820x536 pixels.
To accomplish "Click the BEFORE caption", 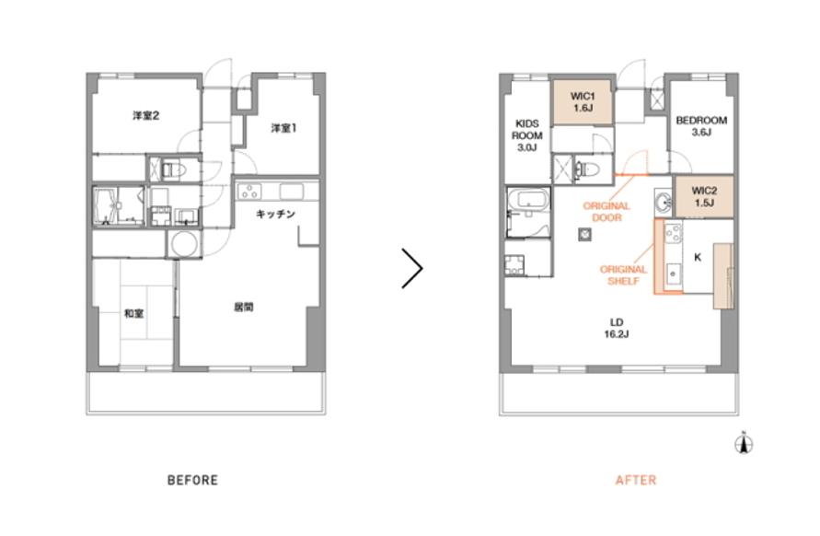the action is click(x=192, y=480).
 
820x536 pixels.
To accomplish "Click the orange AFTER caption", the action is click(x=635, y=480).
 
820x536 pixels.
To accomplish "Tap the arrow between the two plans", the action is click(x=412, y=268).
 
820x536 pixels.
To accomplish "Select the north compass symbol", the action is click(x=744, y=443).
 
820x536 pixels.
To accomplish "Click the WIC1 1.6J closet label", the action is click(x=583, y=102).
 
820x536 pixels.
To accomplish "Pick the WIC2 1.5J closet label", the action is click(x=704, y=197).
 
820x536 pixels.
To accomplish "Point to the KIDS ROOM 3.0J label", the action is click(x=527, y=135).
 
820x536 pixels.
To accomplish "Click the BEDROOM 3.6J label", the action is click(x=701, y=126).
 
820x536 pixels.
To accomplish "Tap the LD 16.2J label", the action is click(x=617, y=328).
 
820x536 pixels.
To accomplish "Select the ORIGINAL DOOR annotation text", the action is click(x=606, y=212).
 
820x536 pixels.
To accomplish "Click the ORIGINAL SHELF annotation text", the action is click(x=623, y=275).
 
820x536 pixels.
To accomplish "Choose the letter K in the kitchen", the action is click(x=698, y=258).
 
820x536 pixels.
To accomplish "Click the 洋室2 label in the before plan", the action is click(x=146, y=116).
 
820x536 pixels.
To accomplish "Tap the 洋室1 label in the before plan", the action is click(x=284, y=128).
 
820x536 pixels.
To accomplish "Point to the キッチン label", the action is click(x=275, y=214).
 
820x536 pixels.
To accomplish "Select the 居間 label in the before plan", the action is click(x=244, y=307).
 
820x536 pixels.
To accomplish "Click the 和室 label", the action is click(x=133, y=313).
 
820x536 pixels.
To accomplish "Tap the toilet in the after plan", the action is click(x=591, y=169).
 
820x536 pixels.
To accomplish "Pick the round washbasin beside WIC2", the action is click(x=664, y=202).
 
